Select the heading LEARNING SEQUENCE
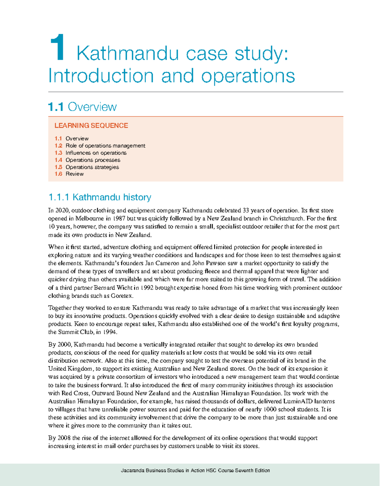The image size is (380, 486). (x=91, y=126)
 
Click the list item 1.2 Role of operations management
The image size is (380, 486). (x=100, y=146)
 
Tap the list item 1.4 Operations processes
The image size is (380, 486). (x=87, y=160)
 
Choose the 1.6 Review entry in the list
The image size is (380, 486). (x=69, y=174)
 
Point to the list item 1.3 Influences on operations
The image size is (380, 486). (x=91, y=153)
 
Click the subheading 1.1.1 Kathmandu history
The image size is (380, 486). (x=100, y=197)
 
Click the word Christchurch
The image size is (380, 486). (x=287, y=218)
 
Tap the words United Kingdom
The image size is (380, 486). (x=70, y=369)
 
